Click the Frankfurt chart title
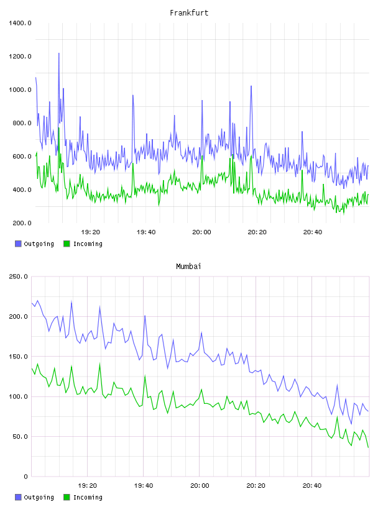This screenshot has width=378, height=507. pyautogui.click(x=189, y=13)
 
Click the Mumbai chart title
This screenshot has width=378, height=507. pyautogui.click(x=188, y=267)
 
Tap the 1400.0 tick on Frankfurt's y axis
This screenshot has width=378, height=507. pyautogui.click(x=20, y=23)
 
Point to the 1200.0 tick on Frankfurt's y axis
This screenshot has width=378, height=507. pyautogui.click(x=20, y=57)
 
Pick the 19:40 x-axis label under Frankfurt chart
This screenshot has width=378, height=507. pyautogui.click(x=146, y=232)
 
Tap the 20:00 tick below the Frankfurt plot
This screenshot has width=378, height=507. pyautogui.click(x=201, y=232)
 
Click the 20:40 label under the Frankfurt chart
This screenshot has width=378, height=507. pyautogui.click(x=313, y=232)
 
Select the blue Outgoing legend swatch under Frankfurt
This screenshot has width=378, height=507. pyautogui.click(x=18, y=244)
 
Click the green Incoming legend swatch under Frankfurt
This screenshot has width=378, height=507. pyautogui.click(x=67, y=244)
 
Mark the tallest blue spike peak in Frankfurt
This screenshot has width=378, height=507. pyautogui.click(x=58, y=53)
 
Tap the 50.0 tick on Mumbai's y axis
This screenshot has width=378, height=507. pyautogui.click(x=20, y=437)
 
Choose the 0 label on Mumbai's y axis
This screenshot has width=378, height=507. pyautogui.click(x=26, y=477)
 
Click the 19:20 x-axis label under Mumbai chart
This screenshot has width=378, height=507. pyautogui.click(x=88, y=486)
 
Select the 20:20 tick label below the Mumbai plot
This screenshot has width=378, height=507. pyautogui.click(x=256, y=486)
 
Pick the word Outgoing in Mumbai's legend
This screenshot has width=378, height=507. pyautogui.click(x=39, y=497)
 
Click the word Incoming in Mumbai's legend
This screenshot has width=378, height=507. pyautogui.click(x=88, y=497)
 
